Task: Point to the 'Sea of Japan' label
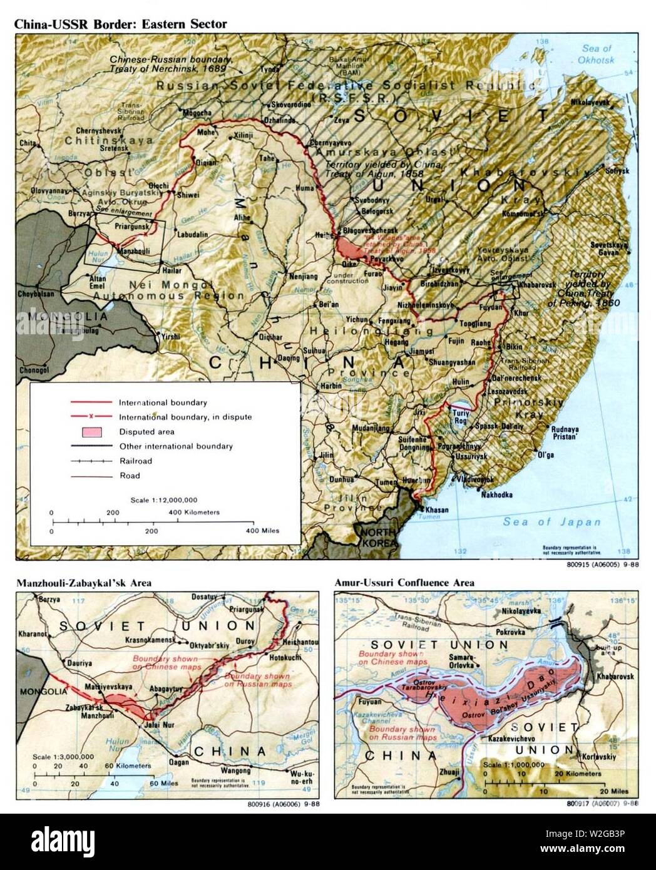click(552, 522)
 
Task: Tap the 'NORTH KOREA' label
click(376, 537)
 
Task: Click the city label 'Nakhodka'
click(497, 494)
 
